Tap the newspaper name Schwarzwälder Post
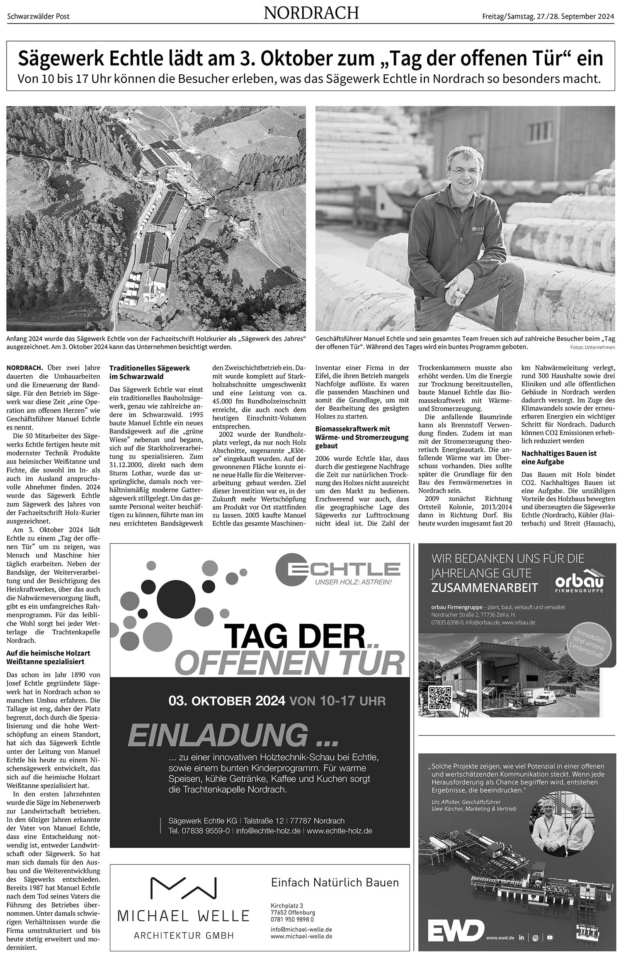pyautogui.click(x=38, y=17)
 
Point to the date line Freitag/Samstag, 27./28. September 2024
pyautogui.click(x=548, y=17)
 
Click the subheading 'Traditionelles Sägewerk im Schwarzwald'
pyautogui.click(x=150, y=372)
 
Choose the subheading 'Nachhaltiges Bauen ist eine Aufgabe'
pyautogui.click(x=559, y=458)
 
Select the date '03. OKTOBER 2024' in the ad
pyautogui.click(x=227, y=701)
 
